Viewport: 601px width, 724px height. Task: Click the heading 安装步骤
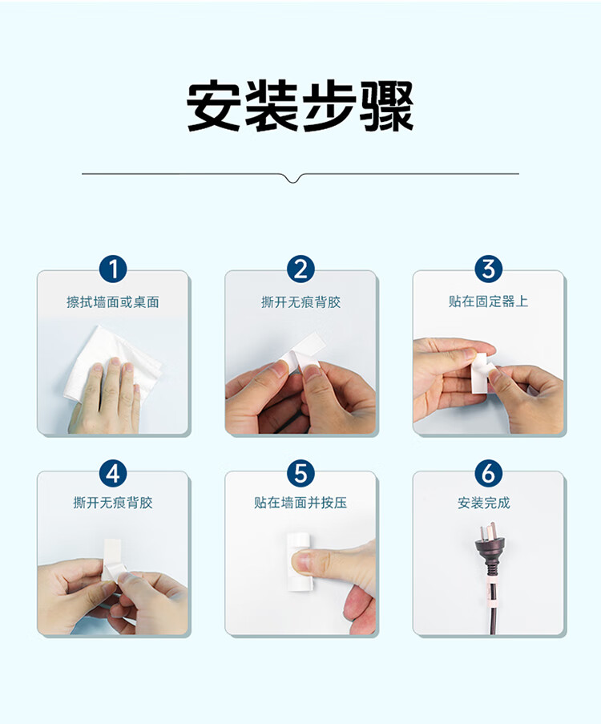[300, 106]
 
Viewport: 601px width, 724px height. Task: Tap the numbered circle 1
[113, 269]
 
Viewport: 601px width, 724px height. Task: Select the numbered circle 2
[300, 269]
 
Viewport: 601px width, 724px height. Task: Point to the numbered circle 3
[488, 269]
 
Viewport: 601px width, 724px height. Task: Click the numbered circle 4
[113, 474]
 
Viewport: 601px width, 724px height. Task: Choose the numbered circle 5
[300, 474]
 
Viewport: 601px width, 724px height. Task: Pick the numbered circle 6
[488, 474]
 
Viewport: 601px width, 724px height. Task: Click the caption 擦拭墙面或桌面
[113, 302]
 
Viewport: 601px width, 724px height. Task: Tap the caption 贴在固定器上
[488, 301]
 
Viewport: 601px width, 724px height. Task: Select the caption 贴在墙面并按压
[300, 503]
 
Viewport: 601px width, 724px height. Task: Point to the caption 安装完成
[484, 503]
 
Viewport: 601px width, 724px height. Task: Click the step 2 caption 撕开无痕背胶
[300, 302]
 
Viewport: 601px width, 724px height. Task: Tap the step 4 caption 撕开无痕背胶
[113, 503]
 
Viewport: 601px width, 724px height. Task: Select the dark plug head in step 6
[488, 549]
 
